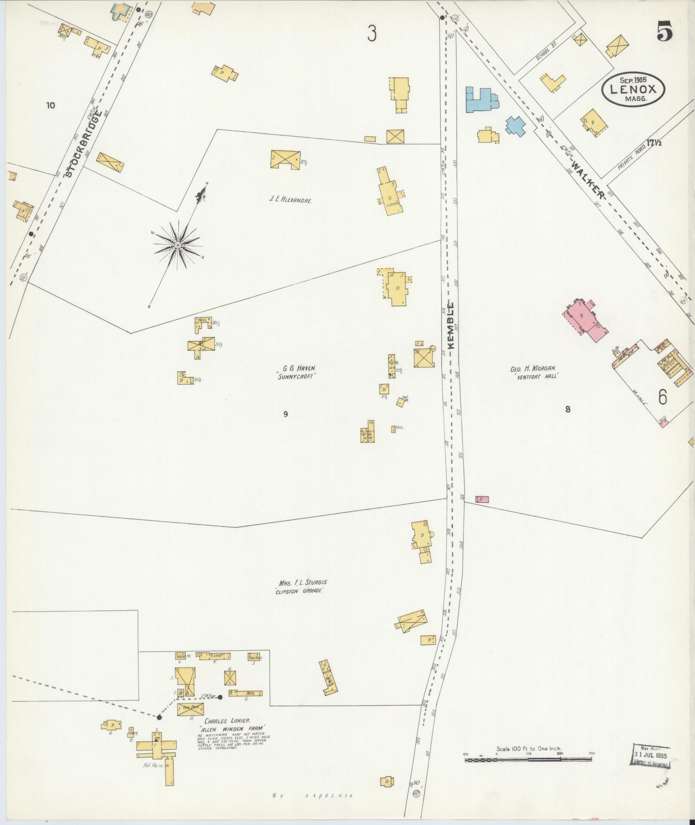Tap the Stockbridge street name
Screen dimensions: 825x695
click(84, 144)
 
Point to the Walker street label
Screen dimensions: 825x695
click(589, 179)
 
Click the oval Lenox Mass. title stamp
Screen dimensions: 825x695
click(633, 89)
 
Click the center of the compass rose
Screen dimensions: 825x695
click(177, 245)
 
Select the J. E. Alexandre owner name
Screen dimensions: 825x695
click(290, 200)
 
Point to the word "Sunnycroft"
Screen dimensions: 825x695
click(297, 376)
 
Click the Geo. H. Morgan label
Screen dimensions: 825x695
click(534, 369)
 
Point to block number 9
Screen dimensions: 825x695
click(285, 414)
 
